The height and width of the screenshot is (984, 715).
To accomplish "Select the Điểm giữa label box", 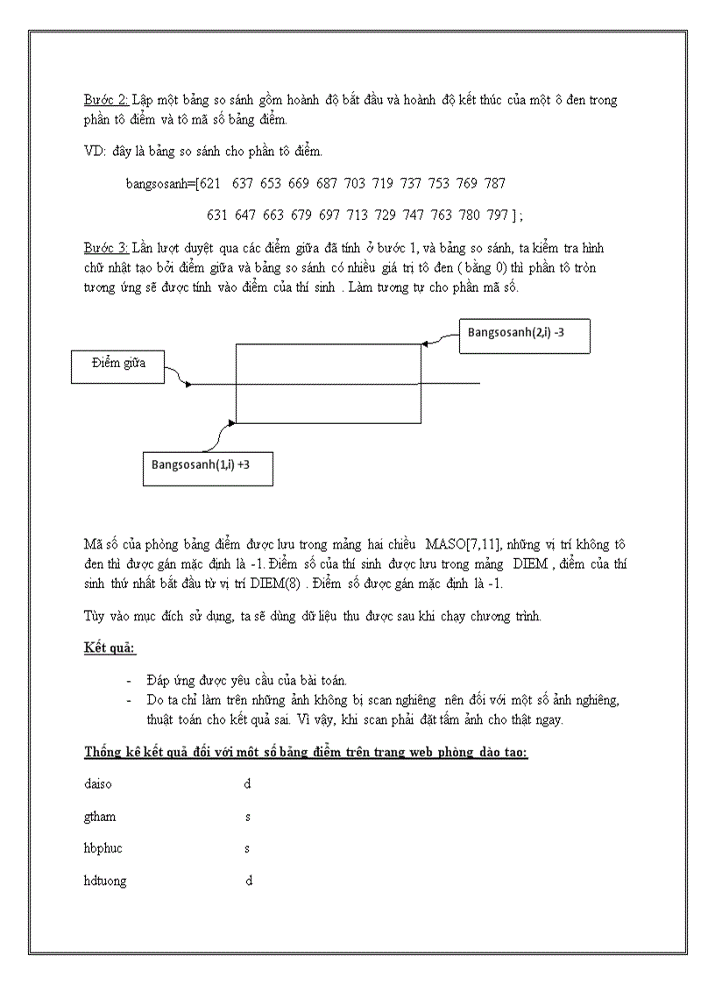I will (x=118, y=365).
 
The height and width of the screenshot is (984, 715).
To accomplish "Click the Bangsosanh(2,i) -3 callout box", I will (x=524, y=334).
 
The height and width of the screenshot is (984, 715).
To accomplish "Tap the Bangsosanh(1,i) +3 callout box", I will (x=207, y=464).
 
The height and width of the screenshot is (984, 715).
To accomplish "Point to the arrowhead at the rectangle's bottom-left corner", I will (x=232, y=423).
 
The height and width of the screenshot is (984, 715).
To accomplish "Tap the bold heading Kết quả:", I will (x=110, y=648).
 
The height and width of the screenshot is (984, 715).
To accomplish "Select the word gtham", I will (x=100, y=817).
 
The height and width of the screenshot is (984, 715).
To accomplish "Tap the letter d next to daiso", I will (x=248, y=784).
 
